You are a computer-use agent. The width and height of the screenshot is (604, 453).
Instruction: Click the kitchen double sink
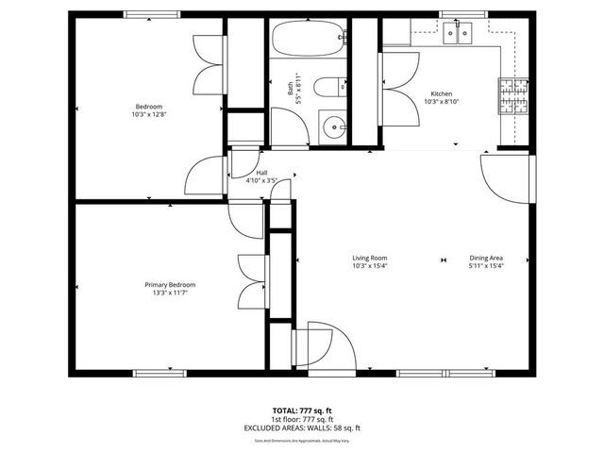[x=458, y=35]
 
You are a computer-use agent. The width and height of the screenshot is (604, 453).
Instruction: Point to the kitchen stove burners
[x=513, y=94]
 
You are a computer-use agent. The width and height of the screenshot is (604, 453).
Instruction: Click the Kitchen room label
[x=442, y=94]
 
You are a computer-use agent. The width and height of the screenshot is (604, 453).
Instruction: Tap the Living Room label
[x=370, y=258]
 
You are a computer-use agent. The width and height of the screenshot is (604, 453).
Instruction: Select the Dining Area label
[x=486, y=258]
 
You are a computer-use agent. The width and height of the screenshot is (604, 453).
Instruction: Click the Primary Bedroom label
[x=170, y=285]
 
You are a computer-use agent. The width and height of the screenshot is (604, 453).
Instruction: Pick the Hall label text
[x=260, y=172]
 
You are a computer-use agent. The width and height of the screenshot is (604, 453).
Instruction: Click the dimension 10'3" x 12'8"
[x=149, y=114]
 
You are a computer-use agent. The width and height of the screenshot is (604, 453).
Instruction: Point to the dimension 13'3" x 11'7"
[x=170, y=293]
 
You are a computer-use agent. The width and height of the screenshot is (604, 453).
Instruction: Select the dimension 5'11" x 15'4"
[x=486, y=266]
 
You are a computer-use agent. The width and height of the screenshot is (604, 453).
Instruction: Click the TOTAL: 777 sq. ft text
[x=302, y=411]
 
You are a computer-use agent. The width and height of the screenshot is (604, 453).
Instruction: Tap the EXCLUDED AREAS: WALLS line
[x=302, y=428]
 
